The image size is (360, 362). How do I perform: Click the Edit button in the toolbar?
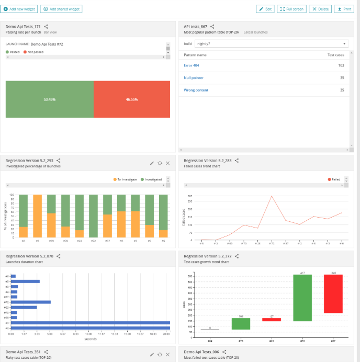tap(265, 9)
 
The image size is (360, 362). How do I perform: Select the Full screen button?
tap(291, 9)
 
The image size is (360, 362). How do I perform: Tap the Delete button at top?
tap(320, 9)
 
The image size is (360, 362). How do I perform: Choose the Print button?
tap(344, 9)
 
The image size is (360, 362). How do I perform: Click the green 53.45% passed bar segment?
tap(50, 99)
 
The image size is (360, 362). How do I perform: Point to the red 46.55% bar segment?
tap(131, 99)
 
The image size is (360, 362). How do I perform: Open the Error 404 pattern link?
tap(192, 65)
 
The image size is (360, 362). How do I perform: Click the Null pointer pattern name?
tap(194, 78)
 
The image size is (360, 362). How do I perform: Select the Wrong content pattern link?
tap(196, 90)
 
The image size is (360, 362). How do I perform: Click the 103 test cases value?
tap(341, 65)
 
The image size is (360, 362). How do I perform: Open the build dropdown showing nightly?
tap(272, 44)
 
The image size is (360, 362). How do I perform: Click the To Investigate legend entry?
tap(125, 179)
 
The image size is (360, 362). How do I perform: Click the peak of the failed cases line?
tap(272, 196)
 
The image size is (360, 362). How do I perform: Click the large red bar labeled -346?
tap(333, 293)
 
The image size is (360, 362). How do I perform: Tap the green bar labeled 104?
tap(241, 323)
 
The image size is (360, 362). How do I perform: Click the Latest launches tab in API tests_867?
tap(256, 32)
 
